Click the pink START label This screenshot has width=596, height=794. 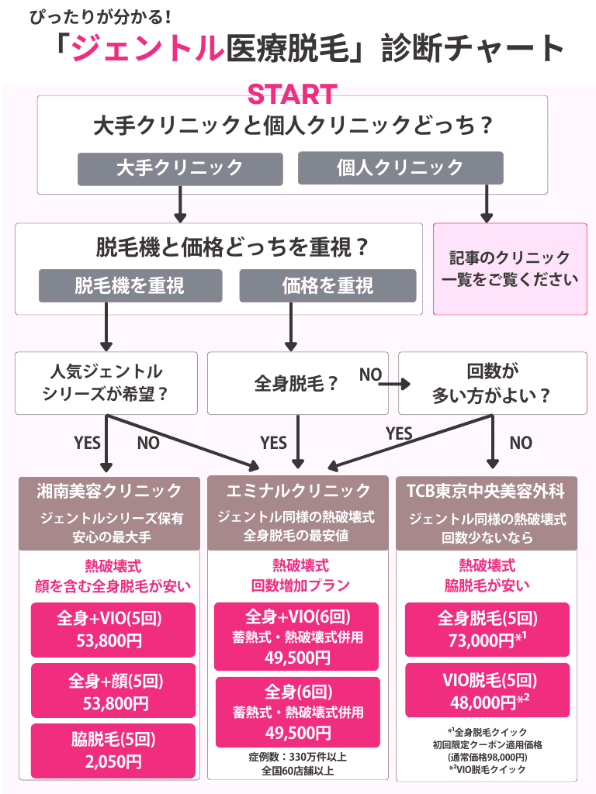292,95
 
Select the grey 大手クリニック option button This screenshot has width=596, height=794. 180,168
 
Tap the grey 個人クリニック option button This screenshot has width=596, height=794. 400,168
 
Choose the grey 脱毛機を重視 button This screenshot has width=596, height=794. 130,285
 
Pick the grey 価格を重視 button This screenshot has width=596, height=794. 328,285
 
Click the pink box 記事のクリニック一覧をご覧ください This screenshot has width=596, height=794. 510,268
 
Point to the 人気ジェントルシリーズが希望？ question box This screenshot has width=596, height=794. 106,383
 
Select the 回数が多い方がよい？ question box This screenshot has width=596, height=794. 493,383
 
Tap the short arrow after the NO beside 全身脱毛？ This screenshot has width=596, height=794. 399,383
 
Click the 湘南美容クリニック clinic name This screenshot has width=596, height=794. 109,491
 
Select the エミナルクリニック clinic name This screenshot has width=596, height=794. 298,491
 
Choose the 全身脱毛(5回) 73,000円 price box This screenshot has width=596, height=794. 487,629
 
